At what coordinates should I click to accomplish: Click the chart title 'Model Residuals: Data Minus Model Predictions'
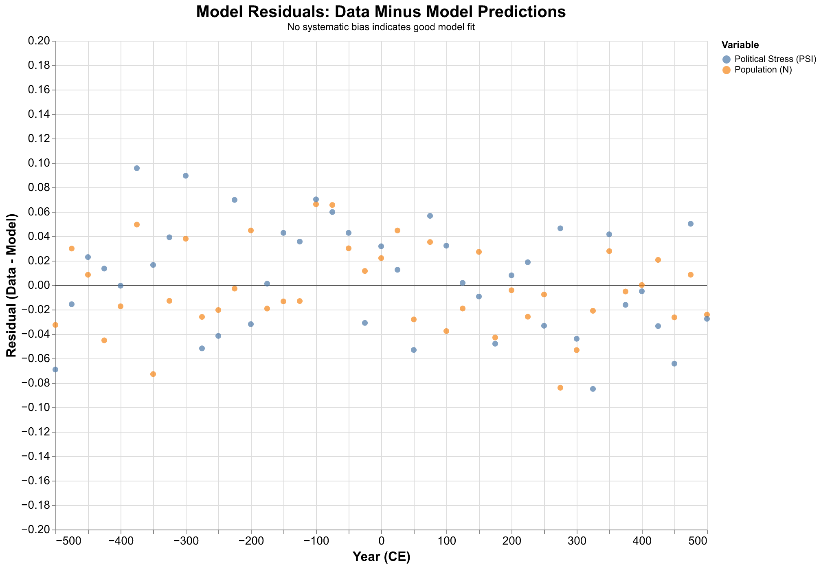tap(380, 12)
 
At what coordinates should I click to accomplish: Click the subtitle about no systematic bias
tap(380, 28)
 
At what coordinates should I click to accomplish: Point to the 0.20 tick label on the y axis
tap(38, 41)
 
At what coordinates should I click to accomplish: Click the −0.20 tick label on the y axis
tap(36, 530)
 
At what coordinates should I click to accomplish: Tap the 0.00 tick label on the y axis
tap(38, 286)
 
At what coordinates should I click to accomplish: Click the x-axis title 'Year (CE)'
tap(381, 557)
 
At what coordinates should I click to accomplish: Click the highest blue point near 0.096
tap(137, 168)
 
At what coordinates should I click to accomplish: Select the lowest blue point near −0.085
tap(593, 389)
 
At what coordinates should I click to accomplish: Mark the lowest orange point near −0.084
tap(560, 388)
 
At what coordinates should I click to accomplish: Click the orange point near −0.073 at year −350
tap(153, 374)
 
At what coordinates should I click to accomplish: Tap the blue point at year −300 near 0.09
tap(186, 176)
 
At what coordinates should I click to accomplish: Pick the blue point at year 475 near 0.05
tap(691, 224)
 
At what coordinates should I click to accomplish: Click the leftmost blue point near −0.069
tap(55, 370)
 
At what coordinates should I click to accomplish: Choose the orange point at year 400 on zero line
tap(642, 285)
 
